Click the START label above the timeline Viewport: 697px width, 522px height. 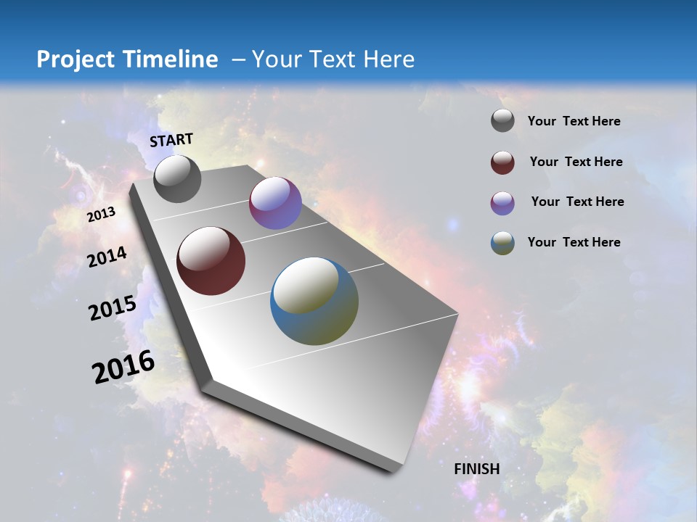171,140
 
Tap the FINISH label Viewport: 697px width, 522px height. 477,469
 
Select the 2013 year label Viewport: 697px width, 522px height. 102,215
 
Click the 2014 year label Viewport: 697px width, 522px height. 107,257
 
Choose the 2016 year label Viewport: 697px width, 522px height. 123,367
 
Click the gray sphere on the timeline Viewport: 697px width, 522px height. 177,179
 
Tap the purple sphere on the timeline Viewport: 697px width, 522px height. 275,203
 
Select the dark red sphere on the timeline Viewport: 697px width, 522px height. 211,261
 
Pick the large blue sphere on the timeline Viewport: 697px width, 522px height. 314,301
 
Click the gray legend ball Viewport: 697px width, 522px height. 502,121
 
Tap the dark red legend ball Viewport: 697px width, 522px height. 502,162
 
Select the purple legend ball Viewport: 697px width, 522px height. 502,203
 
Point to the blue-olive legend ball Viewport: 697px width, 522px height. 502,243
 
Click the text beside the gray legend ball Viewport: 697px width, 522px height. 574,122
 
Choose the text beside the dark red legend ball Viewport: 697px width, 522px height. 576,162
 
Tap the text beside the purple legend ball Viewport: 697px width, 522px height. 577,202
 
